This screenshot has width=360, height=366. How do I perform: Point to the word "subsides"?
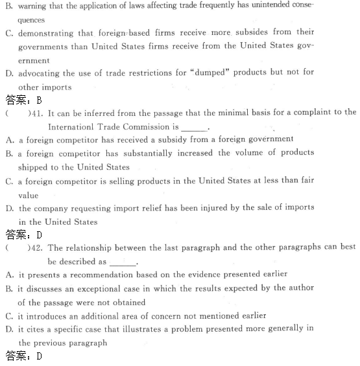(x=250, y=32)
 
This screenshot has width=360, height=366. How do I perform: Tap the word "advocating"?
(x=41, y=73)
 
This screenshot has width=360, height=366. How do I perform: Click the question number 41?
(x=37, y=113)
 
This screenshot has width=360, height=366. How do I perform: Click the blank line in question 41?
(x=194, y=128)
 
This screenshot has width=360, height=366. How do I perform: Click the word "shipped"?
(x=32, y=167)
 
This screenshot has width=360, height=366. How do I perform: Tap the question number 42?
(x=37, y=247)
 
